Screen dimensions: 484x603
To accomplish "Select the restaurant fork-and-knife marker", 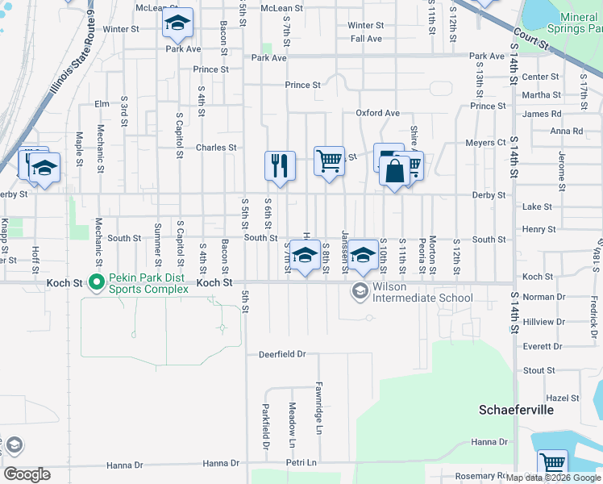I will tap(280, 166).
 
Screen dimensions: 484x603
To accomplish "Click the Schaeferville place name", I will tap(516, 410).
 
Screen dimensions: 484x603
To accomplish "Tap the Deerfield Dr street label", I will tap(282, 354).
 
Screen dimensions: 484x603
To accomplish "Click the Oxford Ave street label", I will tap(378, 113).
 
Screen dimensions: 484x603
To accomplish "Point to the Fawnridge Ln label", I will tap(318, 420).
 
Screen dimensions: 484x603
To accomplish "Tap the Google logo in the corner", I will tap(27, 474).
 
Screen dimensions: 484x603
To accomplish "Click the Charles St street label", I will tap(216, 148).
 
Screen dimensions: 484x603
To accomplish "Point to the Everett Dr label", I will tap(542, 346).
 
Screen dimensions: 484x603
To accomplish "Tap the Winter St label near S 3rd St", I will tap(122, 29).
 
